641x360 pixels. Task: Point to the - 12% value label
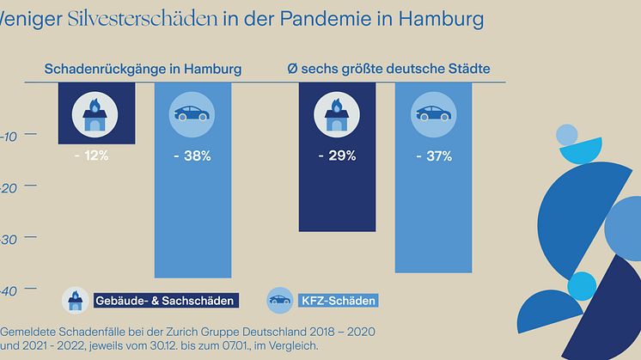89,156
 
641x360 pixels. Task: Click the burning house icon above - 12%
89,114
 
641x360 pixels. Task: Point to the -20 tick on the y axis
11,187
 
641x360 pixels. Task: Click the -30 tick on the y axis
11,240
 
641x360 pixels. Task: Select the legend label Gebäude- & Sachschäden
166,301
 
